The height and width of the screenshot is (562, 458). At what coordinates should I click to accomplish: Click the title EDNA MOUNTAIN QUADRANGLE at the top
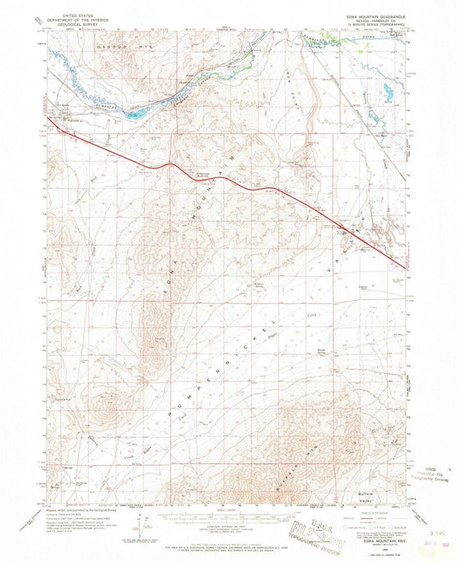374,9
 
